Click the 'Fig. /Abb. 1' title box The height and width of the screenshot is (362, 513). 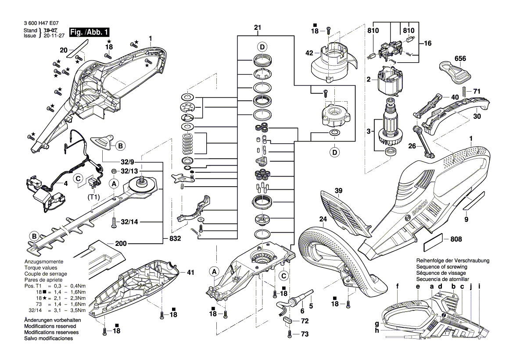pyautogui.click(x=88, y=32)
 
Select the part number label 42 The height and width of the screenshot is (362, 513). pyautogui.click(x=309, y=53)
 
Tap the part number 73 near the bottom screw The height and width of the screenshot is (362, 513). pyautogui.click(x=304, y=334)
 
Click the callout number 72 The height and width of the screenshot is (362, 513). pyautogui.click(x=304, y=322)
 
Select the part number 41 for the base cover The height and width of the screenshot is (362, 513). pyautogui.click(x=190, y=272)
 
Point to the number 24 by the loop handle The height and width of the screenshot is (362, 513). pyautogui.click(x=323, y=219)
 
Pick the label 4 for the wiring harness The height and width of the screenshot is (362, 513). pyautogui.click(x=65, y=184)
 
